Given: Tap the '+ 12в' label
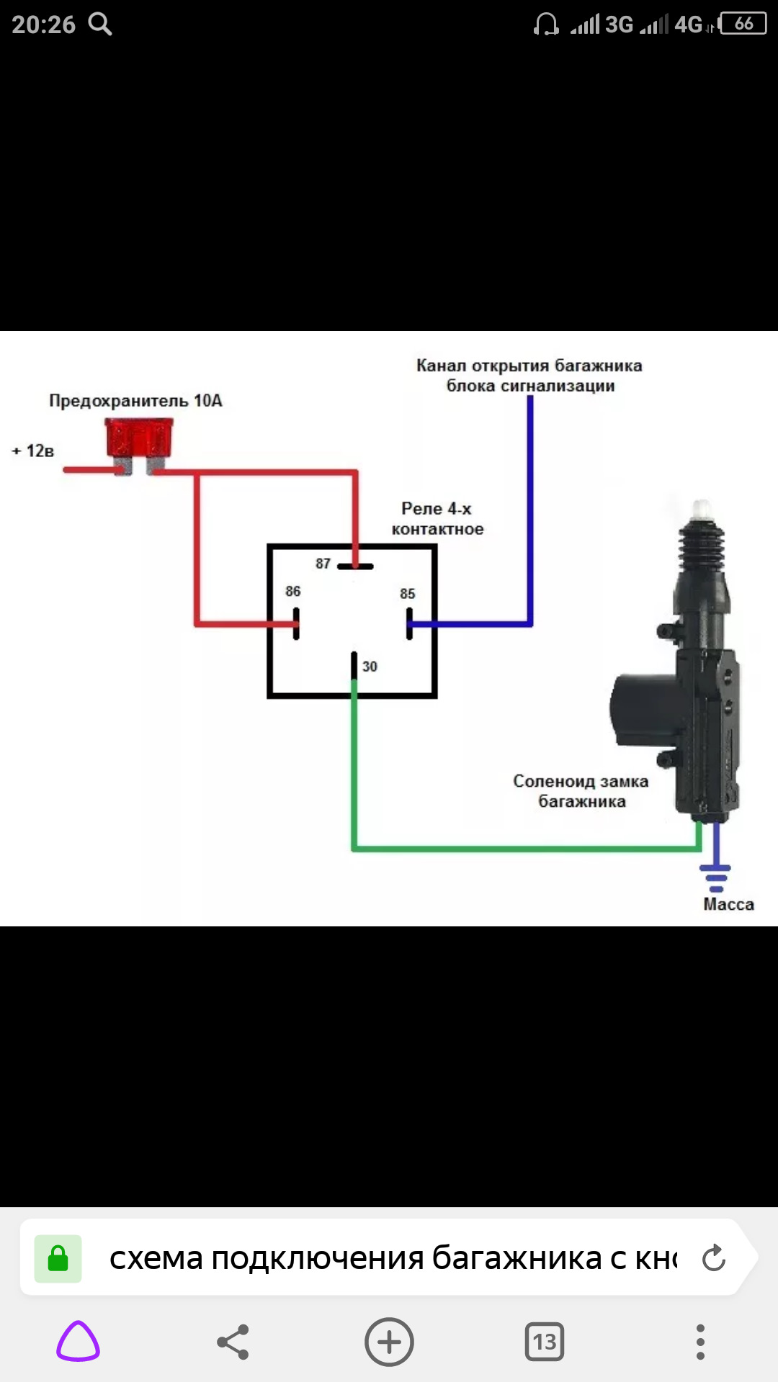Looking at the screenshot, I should (x=33, y=451).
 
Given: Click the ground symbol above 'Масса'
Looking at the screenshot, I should (x=715, y=874).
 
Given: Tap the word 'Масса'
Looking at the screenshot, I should (x=728, y=905).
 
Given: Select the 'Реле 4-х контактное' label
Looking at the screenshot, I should (x=437, y=519).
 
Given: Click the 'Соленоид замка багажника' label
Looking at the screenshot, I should (x=581, y=791).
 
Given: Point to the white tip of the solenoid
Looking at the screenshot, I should (x=702, y=510).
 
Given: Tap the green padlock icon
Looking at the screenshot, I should (x=58, y=1259).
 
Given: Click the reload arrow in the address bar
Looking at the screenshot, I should (x=713, y=1258).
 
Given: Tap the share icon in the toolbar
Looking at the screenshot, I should (x=233, y=1342).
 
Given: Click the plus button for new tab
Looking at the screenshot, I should (x=389, y=1342).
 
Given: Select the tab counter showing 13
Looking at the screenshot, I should (x=545, y=1342).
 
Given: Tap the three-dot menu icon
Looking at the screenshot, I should (x=700, y=1342).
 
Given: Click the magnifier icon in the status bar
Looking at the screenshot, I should (x=100, y=24).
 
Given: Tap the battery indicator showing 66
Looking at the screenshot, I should (x=743, y=24).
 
